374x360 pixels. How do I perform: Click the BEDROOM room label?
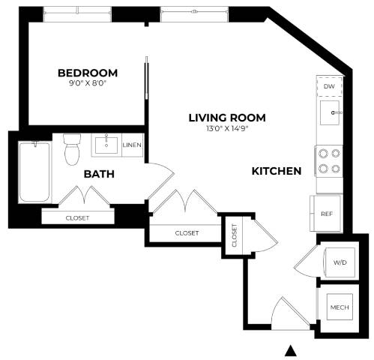pos(88,73)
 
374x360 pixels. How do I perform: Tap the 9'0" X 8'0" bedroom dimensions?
pos(88,84)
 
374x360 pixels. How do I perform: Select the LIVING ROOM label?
pos(226,118)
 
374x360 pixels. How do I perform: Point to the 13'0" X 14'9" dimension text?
pos(226,129)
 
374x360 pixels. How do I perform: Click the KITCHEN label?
pos(276,171)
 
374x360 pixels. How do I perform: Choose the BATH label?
pos(98,174)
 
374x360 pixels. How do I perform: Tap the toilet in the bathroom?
pos(73,148)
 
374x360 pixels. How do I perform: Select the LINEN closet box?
pos(132,145)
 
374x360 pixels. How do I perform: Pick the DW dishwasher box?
pos(328,87)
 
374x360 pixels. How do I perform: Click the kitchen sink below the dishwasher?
pos(329,114)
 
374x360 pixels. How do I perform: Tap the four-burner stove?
pos(328,160)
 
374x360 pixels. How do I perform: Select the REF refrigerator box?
pos(326,214)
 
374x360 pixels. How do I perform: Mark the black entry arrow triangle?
pos(293,350)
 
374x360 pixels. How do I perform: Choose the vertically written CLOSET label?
pos(235,235)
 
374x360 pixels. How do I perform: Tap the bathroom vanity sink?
pos(106,143)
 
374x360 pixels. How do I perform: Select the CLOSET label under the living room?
pos(187,233)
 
